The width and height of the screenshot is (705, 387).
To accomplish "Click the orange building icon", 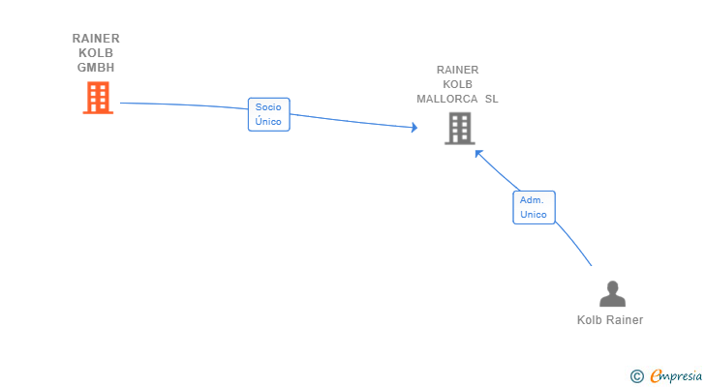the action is (98, 98).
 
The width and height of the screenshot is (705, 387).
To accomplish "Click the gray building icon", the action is (459, 129).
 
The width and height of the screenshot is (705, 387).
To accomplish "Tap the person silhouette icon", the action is (612, 293).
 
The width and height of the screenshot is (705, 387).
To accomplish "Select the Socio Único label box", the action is (269, 114).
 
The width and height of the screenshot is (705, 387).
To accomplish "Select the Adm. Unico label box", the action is (535, 207).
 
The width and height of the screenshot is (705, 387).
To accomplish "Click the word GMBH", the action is (96, 68).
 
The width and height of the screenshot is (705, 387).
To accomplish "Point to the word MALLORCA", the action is (447, 99).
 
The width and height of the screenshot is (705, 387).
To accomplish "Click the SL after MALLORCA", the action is (491, 99).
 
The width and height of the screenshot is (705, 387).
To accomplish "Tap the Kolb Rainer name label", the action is (610, 320).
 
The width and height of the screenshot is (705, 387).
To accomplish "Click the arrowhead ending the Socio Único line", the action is (414, 128).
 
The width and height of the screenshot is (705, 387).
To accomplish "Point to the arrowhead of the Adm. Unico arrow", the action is (478, 154).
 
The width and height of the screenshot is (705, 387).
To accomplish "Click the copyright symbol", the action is (636, 376).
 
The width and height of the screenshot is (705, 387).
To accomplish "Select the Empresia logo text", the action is (676, 376).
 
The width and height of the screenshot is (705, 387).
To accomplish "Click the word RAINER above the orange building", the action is (96, 38).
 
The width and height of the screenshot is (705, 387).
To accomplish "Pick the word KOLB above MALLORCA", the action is (457, 84).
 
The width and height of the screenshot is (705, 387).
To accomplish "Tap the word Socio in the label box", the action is (268, 107).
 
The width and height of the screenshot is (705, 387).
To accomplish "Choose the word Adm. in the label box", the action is (532, 200).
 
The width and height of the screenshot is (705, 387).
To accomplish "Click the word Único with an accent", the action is (268, 121).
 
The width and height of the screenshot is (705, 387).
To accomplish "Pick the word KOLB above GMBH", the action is (96, 53).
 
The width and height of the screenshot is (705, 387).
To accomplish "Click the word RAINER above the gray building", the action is (457, 70).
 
